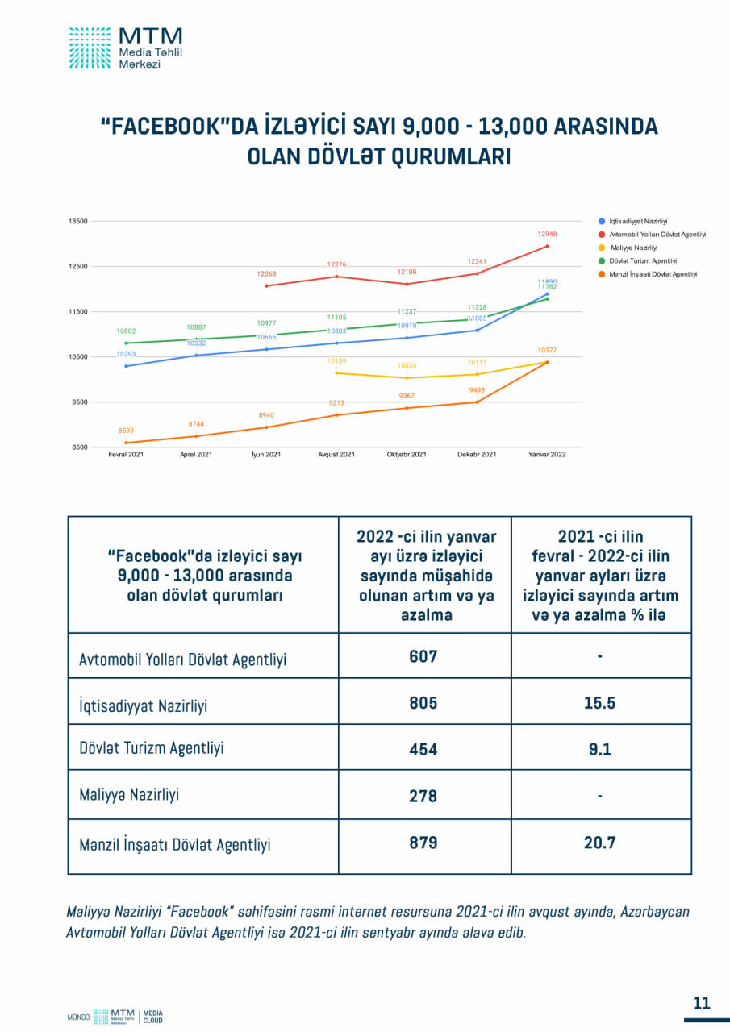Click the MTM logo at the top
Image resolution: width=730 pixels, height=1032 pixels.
click(125, 47)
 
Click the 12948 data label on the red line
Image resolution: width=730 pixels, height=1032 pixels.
click(547, 234)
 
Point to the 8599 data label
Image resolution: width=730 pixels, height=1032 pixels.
click(126, 431)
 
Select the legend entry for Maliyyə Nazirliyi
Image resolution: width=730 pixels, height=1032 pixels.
click(634, 248)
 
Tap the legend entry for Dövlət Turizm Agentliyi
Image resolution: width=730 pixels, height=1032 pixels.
click(643, 260)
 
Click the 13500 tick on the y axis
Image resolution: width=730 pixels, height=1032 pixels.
click(77, 221)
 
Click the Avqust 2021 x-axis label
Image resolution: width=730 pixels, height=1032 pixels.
click(336, 455)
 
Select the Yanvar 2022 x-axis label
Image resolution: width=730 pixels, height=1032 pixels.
click(547, 455)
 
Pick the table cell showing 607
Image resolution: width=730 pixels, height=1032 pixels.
click(423, 656)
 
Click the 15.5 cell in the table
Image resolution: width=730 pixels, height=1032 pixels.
click(599, 702)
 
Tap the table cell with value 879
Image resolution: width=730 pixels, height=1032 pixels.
click(423, 843)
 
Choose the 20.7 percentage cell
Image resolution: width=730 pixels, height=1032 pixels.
click(599, 843)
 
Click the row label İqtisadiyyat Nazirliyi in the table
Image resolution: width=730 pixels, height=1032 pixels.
click(143, 705)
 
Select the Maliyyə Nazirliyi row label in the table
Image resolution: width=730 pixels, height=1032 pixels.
click(129, 795)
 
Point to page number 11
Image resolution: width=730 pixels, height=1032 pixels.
click(701, 1003)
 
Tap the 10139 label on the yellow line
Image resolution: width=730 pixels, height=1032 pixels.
click(337, 361)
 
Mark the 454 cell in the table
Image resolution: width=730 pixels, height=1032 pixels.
click(423, 749)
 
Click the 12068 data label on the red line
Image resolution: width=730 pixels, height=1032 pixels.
click(267, 274)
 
